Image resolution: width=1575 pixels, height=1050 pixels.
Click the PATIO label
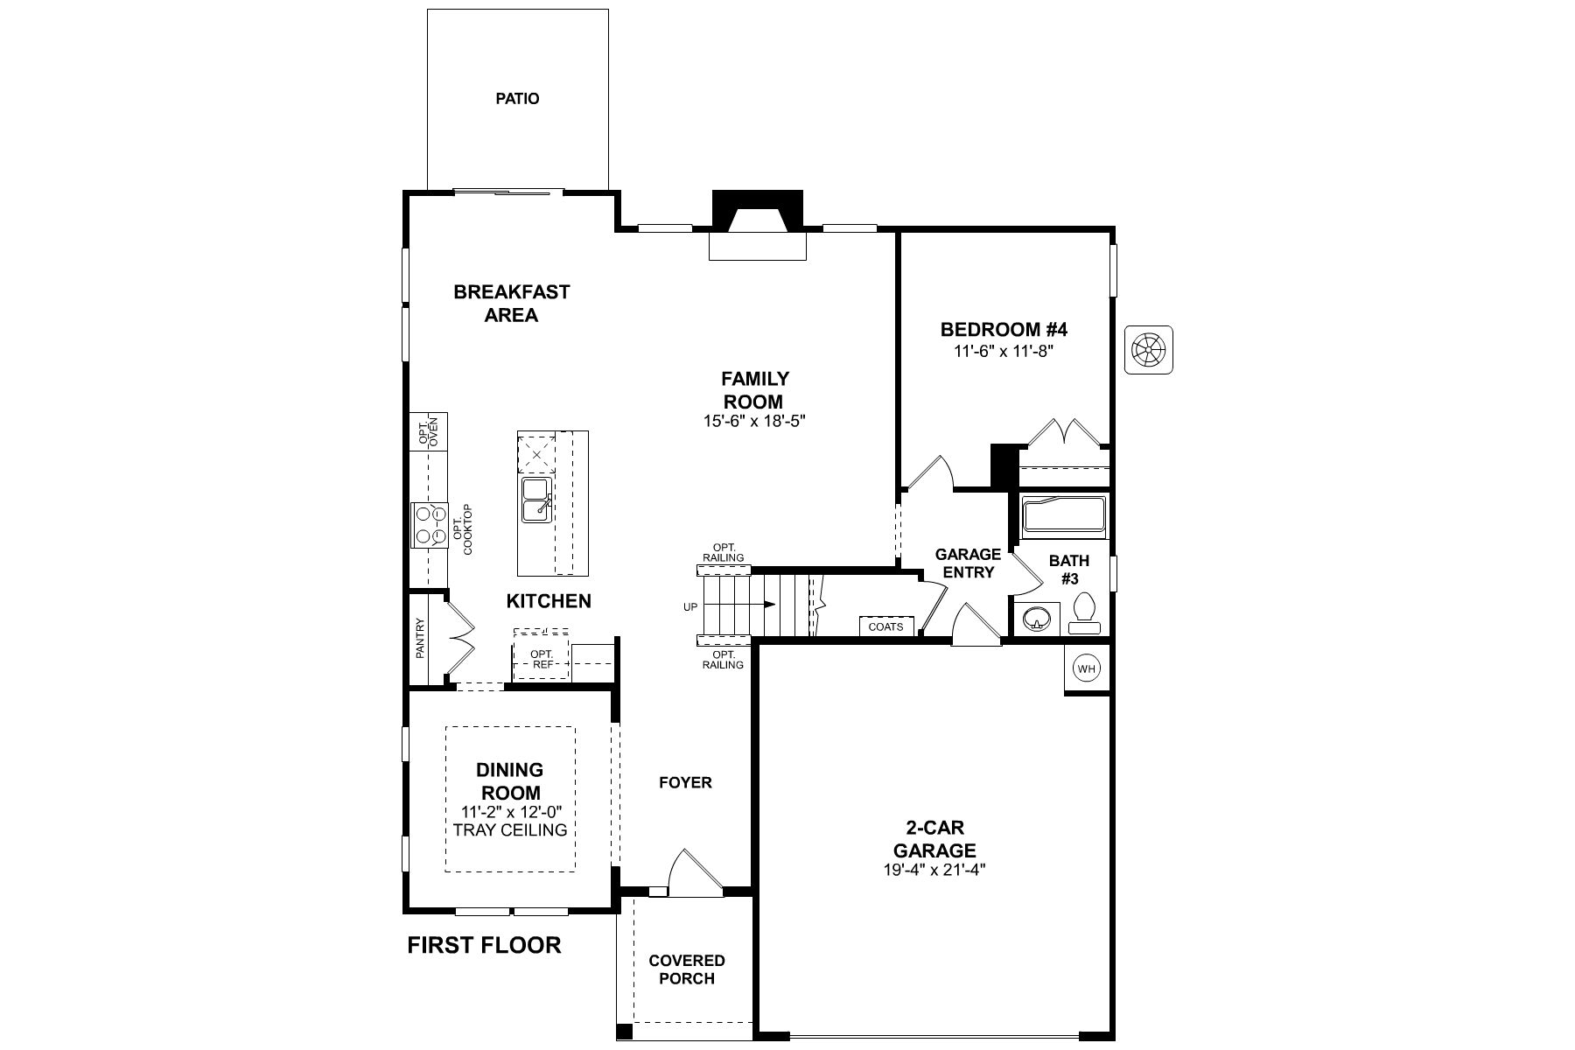517,99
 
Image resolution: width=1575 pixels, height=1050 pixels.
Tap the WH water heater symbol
1087,669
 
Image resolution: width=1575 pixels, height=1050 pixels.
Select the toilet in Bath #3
1084,613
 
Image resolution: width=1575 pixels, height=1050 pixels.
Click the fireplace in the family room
758,223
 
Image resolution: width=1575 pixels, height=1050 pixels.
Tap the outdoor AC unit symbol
1148,350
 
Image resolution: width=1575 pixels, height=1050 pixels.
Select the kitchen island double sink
535,500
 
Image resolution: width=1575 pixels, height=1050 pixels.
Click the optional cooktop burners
429,525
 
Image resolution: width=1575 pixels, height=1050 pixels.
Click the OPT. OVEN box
429,431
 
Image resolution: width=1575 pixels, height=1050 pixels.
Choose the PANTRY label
420,639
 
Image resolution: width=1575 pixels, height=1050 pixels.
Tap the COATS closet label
886,626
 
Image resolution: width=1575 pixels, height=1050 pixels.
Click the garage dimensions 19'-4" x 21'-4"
934,870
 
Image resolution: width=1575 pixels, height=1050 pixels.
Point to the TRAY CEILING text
510,829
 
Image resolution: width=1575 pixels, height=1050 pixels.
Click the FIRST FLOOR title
484,945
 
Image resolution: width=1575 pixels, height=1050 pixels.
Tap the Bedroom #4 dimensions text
1004,351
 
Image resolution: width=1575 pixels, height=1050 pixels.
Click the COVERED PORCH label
687,969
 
